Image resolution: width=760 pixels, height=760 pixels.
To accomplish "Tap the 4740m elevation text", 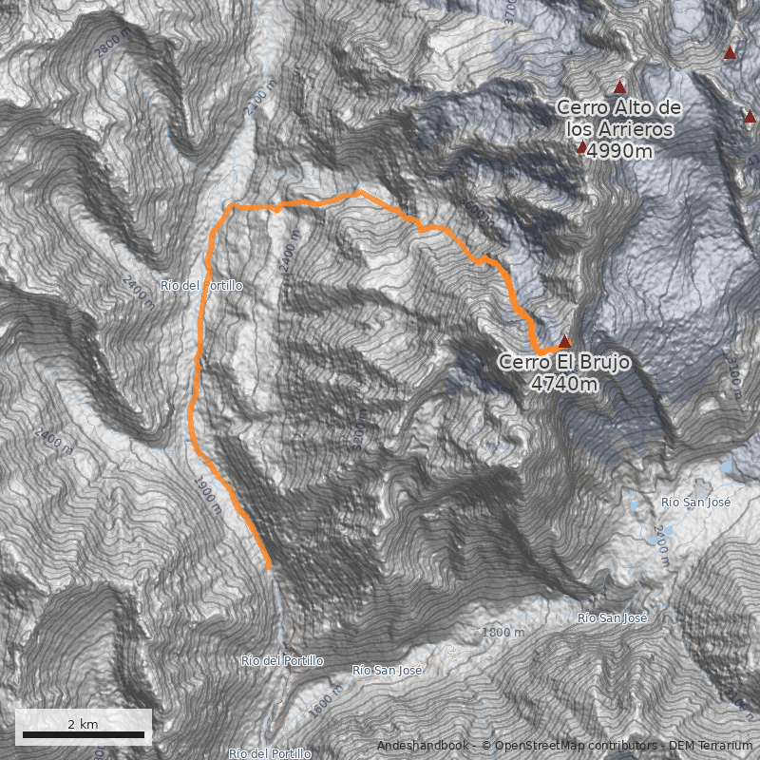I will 564,384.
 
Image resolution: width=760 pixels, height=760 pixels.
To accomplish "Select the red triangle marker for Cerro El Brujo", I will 565,341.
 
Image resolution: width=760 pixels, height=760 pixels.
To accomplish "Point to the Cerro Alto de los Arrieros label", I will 618,118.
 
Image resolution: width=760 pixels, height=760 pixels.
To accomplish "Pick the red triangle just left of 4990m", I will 581,147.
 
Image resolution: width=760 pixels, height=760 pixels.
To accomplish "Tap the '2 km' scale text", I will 83,724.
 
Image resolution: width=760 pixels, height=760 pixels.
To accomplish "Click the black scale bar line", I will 83,734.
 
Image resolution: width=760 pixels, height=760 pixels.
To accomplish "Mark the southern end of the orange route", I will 269,566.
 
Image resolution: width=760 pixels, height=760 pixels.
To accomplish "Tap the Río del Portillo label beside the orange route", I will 202,285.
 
